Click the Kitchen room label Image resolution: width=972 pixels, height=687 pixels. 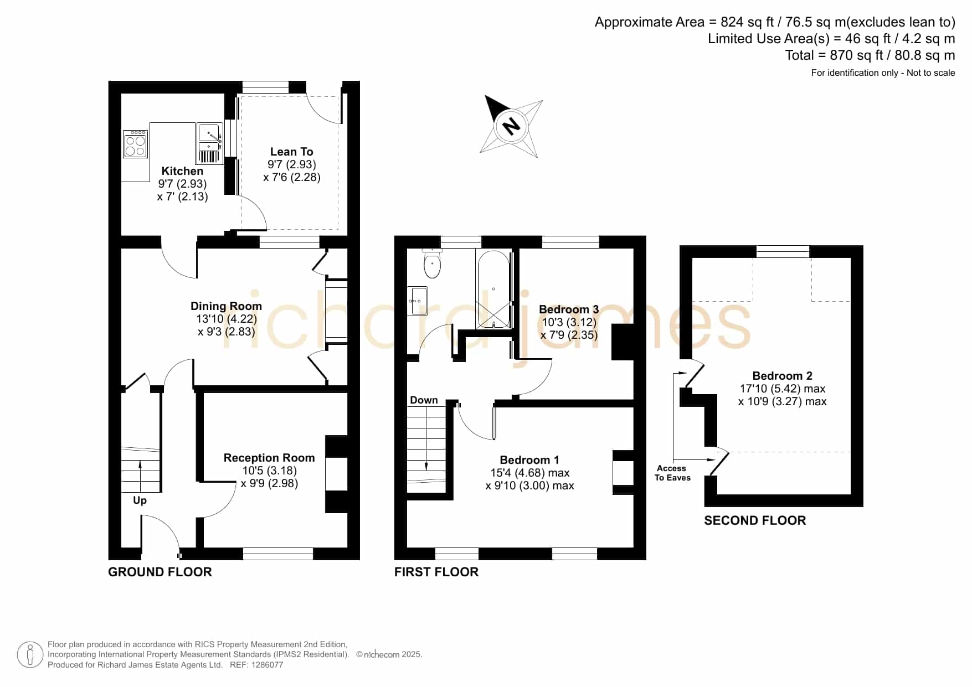(182, 171)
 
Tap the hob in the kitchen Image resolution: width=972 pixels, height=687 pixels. (135, 144)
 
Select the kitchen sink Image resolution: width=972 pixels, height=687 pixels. (210, 143)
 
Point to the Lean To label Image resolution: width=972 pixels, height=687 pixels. (291, 152)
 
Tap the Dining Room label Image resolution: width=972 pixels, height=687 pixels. (226, 306)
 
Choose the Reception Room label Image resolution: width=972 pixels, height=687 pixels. (269, 458)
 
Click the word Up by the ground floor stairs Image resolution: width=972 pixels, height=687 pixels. (140, 500)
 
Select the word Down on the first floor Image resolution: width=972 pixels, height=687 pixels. (424, 400)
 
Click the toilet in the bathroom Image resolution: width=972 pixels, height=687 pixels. (432, 263)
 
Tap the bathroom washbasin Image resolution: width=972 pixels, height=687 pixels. (418, 301)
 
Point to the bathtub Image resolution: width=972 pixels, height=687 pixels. (493, 290)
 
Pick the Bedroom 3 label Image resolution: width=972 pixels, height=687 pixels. (569, 309)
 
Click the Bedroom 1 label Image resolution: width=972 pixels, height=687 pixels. (529, 460)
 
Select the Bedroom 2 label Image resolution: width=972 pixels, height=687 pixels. (782, 376)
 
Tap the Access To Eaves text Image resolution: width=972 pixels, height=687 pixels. (672, 473)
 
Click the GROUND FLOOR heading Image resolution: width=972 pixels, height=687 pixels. (160, 572)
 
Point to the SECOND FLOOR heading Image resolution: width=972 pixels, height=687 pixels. (755, 520)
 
